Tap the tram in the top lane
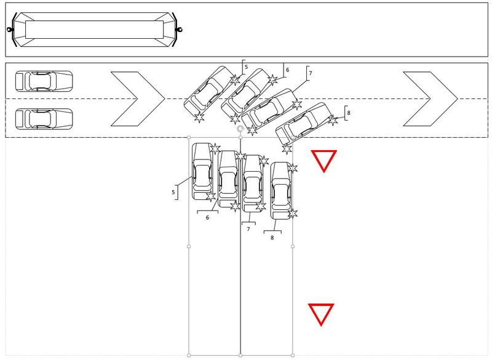pyautogui.click(x=94, y=30)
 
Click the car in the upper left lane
pyautogui.click(x=44, y=81)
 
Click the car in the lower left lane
pyautogui.click(x=44, y=119)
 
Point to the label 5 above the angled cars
pyautogui.click(x=247, y=67)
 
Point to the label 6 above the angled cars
pyautogui.click(x=287, y=70)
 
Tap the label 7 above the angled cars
pyautogui.click(x=311, y=73)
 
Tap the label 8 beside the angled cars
pyautogui.click(x=349, y=113)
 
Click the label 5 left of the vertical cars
pyautogui.click(x=173, y=192)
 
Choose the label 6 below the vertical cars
pyautogui.click(x=207, y=217)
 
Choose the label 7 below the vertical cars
pyautogui.click(x=248, y=229)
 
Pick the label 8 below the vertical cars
pyautogui.click(x=272, y=238)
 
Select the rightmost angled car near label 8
pyautogui.click(x=303, y=123)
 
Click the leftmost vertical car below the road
pyautogui.click(x=202, y=171)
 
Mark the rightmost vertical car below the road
pyautogui.click(x=281, y=191)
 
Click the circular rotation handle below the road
pyautogui.click(x=240, y=129)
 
